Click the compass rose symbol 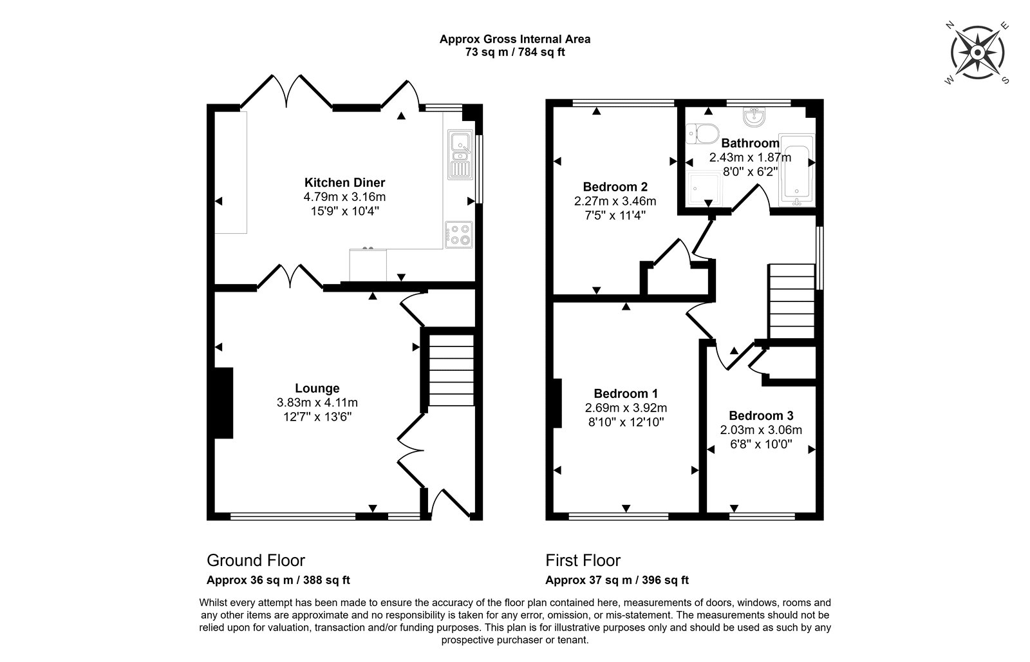point(977,53)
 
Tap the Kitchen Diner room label point(344,183)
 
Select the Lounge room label point(317,388)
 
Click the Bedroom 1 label point(626,394)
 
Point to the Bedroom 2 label point(615,187)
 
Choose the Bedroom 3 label point(761,416)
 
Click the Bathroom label point(750,143)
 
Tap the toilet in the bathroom point(702,134)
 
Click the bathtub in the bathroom point(797,169)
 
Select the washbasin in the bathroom point(754,117)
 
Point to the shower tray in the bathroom point(704,189)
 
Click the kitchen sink point(460,155)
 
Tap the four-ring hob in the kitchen point(459,234)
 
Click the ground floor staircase point(451,370)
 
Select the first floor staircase point(792,301)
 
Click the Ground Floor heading point(256,560)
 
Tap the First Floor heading point(583,560)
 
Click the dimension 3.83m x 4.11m point(317,402)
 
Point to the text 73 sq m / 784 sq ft point(515,52)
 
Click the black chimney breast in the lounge point(223,403)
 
